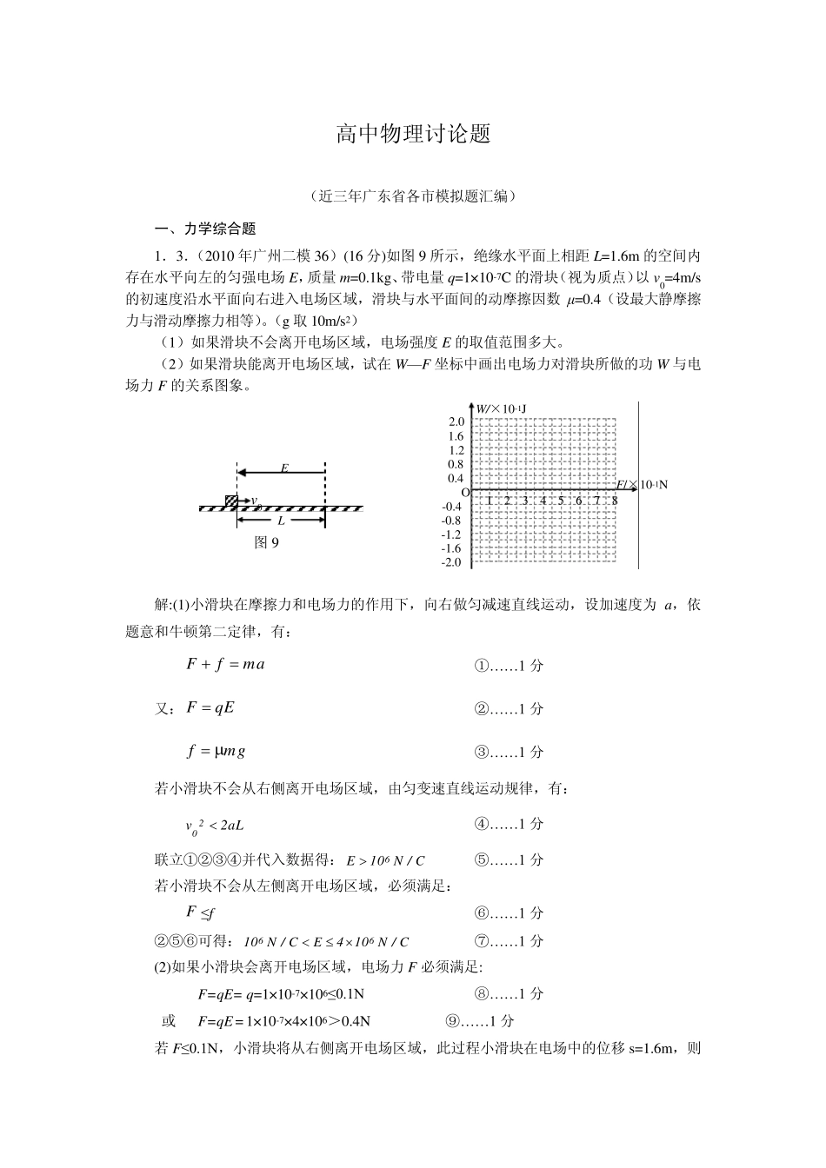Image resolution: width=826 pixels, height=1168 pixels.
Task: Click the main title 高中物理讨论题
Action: (413, 134)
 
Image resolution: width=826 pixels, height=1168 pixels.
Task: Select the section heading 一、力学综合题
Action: (204, 229)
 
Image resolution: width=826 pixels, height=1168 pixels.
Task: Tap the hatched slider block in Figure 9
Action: (231, 501)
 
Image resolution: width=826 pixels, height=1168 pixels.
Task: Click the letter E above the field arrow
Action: (283, 468)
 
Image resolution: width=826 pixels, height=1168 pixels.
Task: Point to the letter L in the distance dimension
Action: (281, 521)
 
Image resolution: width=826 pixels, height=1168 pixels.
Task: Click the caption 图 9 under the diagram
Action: (266, 543)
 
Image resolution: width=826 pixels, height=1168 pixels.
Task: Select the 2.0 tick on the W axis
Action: (456, 422)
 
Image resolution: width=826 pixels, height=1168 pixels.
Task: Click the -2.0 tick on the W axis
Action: (452, 562)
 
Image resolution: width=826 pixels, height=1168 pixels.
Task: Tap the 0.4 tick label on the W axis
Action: (456, 478)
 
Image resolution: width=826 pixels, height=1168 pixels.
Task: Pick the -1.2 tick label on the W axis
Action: (452, 534)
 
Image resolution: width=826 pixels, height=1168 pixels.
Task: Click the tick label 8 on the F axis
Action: (615, 501)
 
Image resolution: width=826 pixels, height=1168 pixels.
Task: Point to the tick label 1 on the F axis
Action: (490, 501)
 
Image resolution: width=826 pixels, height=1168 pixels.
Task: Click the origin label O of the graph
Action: (464, 493)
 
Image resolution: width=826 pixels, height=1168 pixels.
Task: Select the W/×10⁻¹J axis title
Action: (502, 408)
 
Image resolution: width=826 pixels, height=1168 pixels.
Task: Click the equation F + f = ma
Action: (225, 665)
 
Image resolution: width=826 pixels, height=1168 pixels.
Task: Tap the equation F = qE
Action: (210, 707)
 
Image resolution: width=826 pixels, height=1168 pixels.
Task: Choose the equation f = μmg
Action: (216, 751)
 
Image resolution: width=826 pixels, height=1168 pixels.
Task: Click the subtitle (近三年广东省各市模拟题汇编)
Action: (413, 196)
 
